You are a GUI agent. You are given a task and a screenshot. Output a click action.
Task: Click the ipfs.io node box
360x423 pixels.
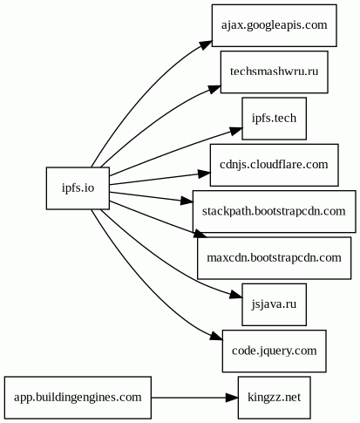(78, 188)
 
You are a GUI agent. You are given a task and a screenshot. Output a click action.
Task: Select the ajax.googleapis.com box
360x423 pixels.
(275, 25)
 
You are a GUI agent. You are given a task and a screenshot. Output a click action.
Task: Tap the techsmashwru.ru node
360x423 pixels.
(275, 72)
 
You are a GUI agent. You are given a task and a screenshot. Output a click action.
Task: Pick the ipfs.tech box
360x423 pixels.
(275, 119)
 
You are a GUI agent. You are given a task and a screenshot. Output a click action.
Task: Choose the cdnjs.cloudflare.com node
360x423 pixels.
(275, 165)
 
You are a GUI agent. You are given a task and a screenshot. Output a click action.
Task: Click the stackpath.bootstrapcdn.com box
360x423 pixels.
(275, 211)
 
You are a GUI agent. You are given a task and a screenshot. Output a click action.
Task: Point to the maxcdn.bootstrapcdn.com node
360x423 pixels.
(275, 258)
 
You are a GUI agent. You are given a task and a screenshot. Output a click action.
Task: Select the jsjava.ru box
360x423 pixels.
(275, 304)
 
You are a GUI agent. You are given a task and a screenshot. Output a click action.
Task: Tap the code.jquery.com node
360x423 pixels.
(275, 351)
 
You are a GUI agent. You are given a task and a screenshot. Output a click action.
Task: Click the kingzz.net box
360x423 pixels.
(275, 398)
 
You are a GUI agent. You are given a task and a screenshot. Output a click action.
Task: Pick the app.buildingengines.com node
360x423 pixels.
(78, 398)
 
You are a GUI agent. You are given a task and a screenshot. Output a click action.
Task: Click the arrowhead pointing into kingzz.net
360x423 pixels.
(232, 398)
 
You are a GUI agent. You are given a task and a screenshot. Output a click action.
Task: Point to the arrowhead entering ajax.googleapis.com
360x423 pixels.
(206, 44)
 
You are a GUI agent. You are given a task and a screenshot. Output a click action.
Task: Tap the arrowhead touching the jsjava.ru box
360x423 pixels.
(236, 295)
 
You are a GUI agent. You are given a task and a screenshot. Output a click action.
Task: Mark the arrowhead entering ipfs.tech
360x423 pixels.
(236, 131)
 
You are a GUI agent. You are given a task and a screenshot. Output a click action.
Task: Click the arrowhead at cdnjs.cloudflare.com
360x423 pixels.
(204, 174)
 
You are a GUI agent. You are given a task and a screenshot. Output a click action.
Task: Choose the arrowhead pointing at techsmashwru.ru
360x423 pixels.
(214, 89)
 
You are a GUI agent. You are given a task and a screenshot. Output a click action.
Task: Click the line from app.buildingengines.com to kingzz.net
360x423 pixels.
(188, 398)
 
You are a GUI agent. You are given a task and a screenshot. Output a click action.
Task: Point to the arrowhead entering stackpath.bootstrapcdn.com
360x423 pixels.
(187, 201)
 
